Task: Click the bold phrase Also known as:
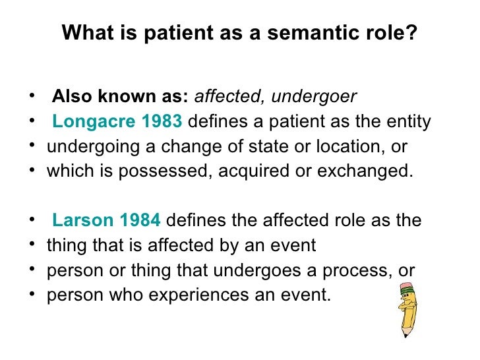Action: tap(120, 98)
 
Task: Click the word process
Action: tap(356, 270)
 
